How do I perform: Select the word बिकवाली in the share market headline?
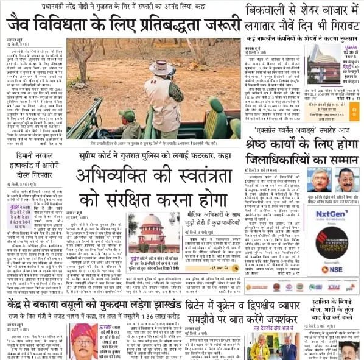pos(268,10)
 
